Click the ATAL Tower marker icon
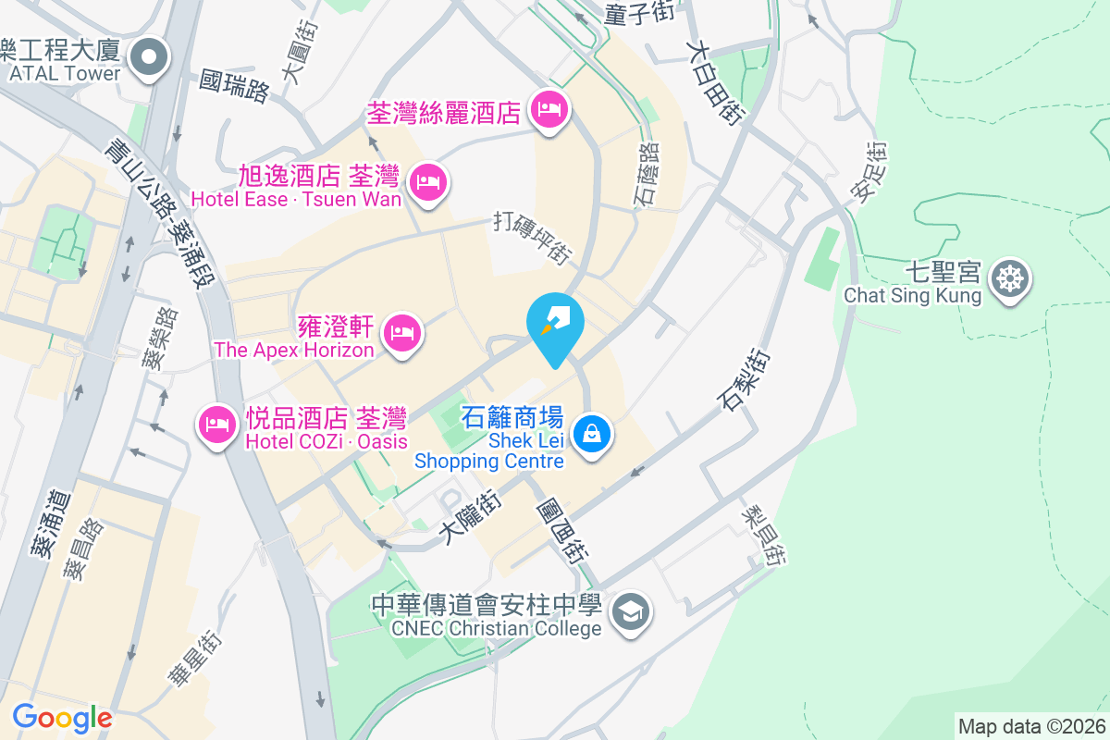(149, 57)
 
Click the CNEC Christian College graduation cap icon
(632, 610)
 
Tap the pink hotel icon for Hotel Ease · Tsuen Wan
(427, 180)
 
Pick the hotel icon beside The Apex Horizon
(402, 331)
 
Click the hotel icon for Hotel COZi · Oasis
(217, 425)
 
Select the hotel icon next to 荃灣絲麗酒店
(549, 110)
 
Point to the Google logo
(62, 717)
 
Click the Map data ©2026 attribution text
(1031, 726)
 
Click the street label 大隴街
(471, 517)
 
